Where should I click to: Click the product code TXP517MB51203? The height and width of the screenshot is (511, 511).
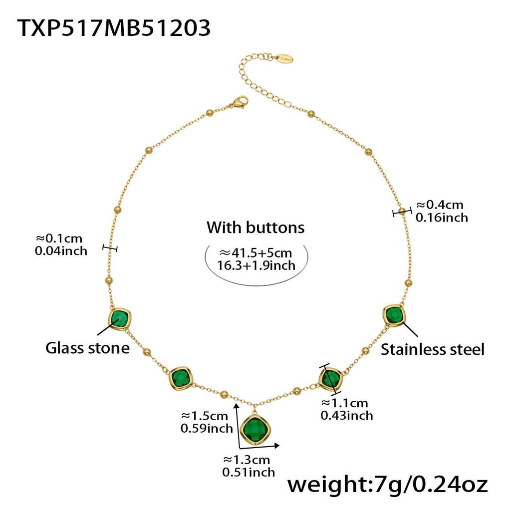pyautogui.click(x=114, y=28)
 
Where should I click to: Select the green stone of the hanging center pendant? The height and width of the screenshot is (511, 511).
pyautogui.click(x=256, y=430)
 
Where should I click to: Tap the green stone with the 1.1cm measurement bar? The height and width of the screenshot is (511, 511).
pyautogui.click(x=331, y=379)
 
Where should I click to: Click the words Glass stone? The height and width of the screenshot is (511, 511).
pyautogui.click(x=87, y=348)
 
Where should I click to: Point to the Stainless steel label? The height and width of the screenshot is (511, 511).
pyautogui.click(x=433, y=349)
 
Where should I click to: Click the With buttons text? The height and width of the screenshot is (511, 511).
pyautogui.click(x=255, y=228)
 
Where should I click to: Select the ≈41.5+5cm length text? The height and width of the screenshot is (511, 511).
pyautogui.click(x=256, y=253)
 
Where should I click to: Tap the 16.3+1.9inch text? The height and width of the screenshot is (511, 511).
pyautogui.click(x=256, y=265)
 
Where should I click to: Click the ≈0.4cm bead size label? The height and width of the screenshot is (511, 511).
pyautogui.click(x=440, y=205)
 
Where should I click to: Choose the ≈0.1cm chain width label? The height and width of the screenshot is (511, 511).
pyautogui.click(x=59, y=239)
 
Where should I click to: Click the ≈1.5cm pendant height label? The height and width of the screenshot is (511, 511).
pyautogui.click(x=204, y=416)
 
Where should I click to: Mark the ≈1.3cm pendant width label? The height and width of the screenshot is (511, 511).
pyautogui.click(x=247, y=460)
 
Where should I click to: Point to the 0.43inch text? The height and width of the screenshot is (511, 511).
pyautogui.click(x=347, y=416)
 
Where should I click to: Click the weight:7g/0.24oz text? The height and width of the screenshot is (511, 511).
pyautogui.click(x=387, y=485)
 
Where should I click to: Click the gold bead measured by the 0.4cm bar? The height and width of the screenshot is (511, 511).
pyautogui.click(x=403, y=211)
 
